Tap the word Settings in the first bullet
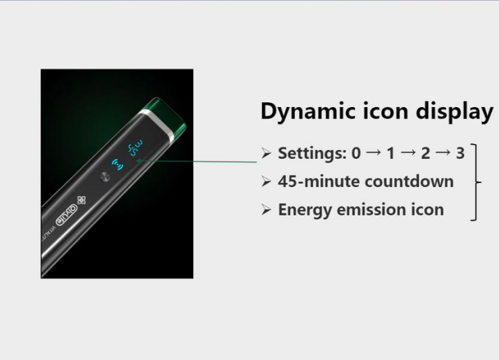pyautogui.click(x=312, y=153)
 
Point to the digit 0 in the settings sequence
pyautogui.click(x=356, y=153)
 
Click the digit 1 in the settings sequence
pyautogui.click(x=391, y=153)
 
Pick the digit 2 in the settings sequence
pyautogui.click(x=426, y=153)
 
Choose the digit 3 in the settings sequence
pyautogui.click(x=460, y=153)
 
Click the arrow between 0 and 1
pyautogui.click(x=374, y=153)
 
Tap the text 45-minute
pyautogui.click(x=319, y=182)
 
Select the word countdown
pyautogui.click(x=409, y=182)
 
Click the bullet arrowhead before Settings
pyautogui.click(x=266, y=153)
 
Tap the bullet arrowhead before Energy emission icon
pyautogui.click(x=266, y=210)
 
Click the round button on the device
pyautogui.click(x=104, y=177)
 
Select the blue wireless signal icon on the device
pyautogui.click(x=118, y=164)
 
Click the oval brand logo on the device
pyautogui.click(x=67, y=215)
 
